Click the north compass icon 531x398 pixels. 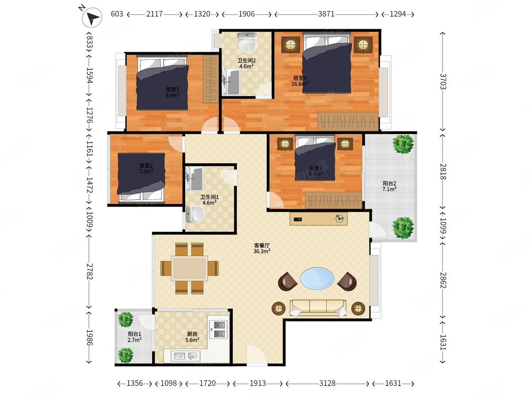[x=92, y=17]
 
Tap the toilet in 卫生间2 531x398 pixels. [x=247, y=42]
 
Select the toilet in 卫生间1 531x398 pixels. [x=196, y=214]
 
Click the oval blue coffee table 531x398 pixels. [x=317, y=278]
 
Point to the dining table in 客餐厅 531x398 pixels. [x=189, y=268]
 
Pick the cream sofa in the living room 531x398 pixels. [x=318, y=308]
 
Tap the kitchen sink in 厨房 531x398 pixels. [x=185, y=356]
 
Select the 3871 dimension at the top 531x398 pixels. [x=326, y=14]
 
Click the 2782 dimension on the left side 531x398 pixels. [x=90, y=272]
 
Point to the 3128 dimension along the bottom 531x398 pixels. [x=327, y=383]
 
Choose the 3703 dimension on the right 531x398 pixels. [x=442, y=81]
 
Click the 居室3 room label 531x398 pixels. [x=173, y=89]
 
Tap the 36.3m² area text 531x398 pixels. [x=262, y=251]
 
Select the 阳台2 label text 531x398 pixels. [x=389, y=184]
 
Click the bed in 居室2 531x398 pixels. [x=141, y=177]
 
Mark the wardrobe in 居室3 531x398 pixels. [x=211, y=79]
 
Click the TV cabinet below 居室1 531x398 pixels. [x=319, y=219]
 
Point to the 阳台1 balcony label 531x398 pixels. [x=134, y=334]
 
